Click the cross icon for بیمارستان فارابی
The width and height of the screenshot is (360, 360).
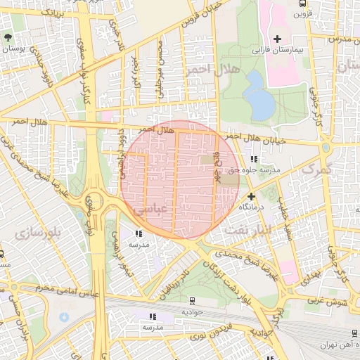coord(278,38)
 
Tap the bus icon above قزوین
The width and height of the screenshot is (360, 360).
coord(301,3)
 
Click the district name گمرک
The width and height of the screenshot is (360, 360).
coord(314,169)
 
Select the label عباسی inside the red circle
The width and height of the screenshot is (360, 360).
coord(149,210)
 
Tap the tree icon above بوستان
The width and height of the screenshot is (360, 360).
coord(8,37)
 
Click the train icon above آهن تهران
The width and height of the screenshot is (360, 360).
coord(352,334)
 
